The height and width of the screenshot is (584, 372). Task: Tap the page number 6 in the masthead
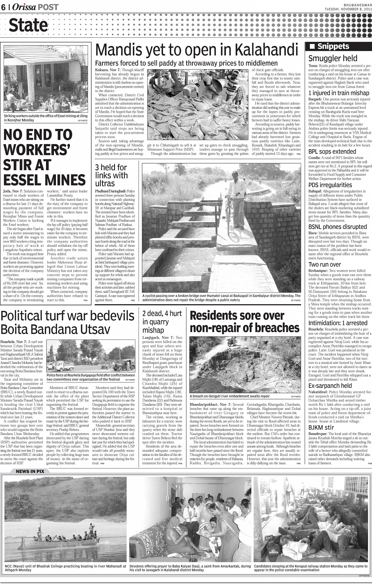(3, 7)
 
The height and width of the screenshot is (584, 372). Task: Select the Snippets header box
(337, 46)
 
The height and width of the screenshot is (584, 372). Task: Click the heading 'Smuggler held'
(333, 59)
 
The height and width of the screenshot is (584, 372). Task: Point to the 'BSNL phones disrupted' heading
(337, 227)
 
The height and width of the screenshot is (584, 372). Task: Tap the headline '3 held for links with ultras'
(111, 175)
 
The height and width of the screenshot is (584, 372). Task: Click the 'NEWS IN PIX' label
(30, 471)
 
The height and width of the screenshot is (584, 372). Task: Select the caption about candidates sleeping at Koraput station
(310, 568)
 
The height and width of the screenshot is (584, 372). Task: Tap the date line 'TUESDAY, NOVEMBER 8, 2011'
(348, 9)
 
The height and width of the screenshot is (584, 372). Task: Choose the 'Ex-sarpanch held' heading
(330, 386)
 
